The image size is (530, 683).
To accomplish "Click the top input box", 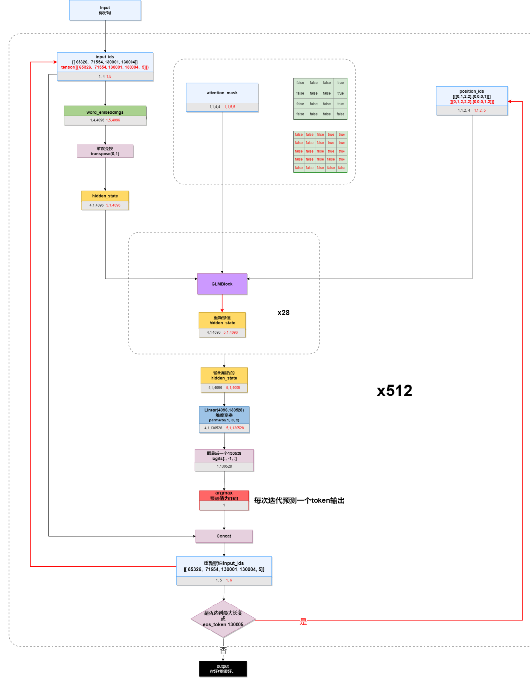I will tap(105, 10).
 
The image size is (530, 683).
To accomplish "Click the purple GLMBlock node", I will tap(222, 284).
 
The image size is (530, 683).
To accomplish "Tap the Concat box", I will tap(224, 536).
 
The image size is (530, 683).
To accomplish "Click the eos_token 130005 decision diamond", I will tap(223, 619).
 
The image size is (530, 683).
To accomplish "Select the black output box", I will tap(223, 669).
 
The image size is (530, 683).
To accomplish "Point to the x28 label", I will tap(283, 313).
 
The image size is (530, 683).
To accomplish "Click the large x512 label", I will tap(395, 391).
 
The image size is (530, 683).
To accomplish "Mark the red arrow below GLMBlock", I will tap(222, 303).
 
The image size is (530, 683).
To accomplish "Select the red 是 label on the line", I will tap(303, 621).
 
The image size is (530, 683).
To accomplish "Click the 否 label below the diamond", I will tap(223, 650).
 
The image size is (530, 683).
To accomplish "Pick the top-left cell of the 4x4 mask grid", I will tap(300, 83).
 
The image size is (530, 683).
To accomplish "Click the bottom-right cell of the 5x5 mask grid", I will tap(342, 168).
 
